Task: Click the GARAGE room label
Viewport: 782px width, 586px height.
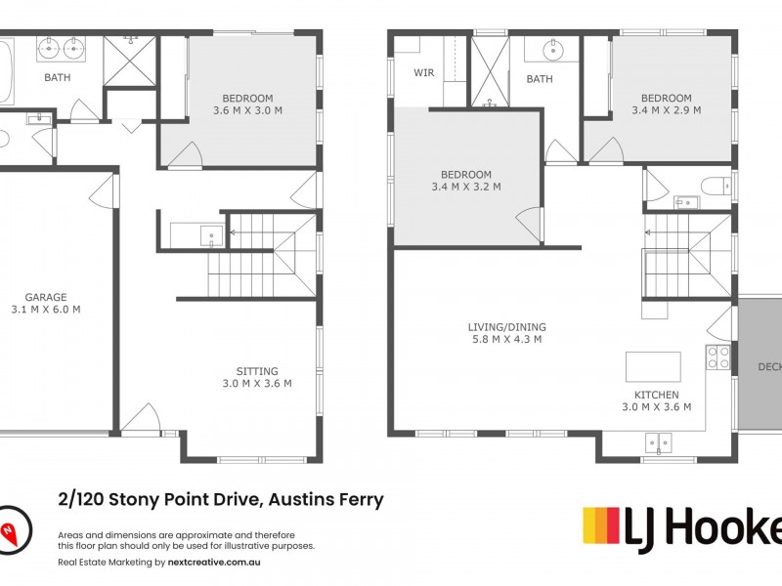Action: (x=45, y=296)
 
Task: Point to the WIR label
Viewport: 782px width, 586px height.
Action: (x=423, y=72)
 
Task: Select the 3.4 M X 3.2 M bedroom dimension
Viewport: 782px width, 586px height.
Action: (x=467, y=187)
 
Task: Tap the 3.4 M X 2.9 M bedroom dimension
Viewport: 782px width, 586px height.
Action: (x=666, y=110)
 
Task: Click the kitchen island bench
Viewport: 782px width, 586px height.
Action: (x=653, y=366)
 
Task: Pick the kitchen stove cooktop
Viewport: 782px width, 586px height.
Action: (x=717, y=357)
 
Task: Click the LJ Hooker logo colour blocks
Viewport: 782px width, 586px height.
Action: (x=611, y=525)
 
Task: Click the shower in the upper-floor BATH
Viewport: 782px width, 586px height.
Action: (x=491, y=72)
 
